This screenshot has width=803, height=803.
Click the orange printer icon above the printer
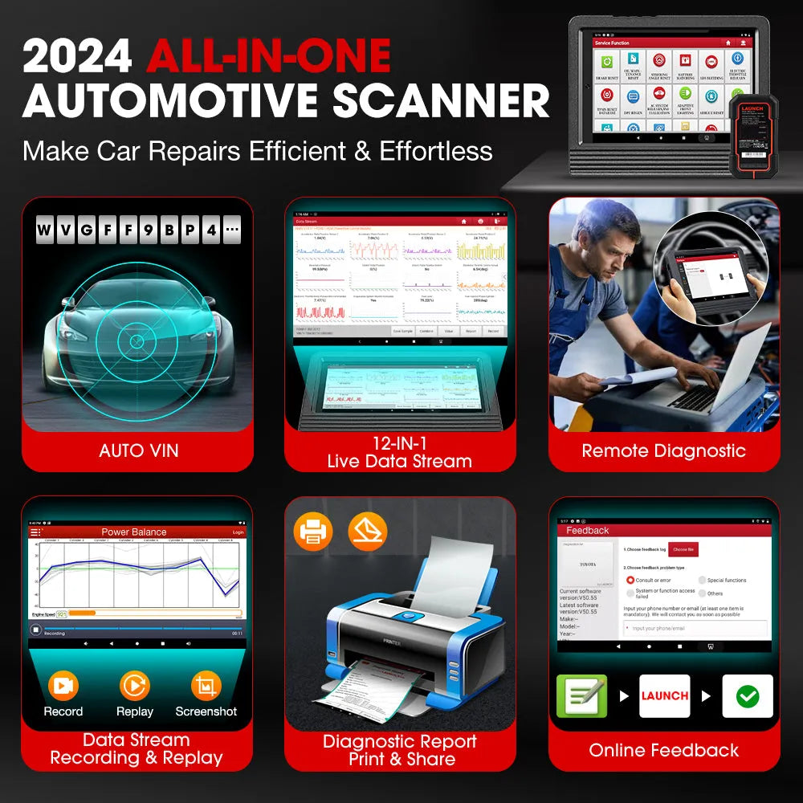click(313, 532)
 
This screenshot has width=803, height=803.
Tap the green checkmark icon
click(747, 695)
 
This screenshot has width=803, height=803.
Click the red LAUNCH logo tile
click(665, 695)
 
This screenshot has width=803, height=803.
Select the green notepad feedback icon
click(581, 695)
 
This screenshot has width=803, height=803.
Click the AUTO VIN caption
click(137, 450)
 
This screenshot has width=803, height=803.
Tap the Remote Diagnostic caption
click(664, 450)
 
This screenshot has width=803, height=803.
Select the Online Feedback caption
click(664, 750)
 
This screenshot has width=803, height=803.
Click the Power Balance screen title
click(134, 532)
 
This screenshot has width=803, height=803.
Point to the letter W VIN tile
click(44, 231)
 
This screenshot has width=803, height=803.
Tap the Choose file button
click(683, 549)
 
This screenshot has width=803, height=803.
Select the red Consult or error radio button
click(630, 580)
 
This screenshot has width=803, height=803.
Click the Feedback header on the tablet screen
click(588, 530)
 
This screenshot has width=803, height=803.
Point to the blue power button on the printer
click(410, 617)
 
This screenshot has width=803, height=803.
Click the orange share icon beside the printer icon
click(368, 532)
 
